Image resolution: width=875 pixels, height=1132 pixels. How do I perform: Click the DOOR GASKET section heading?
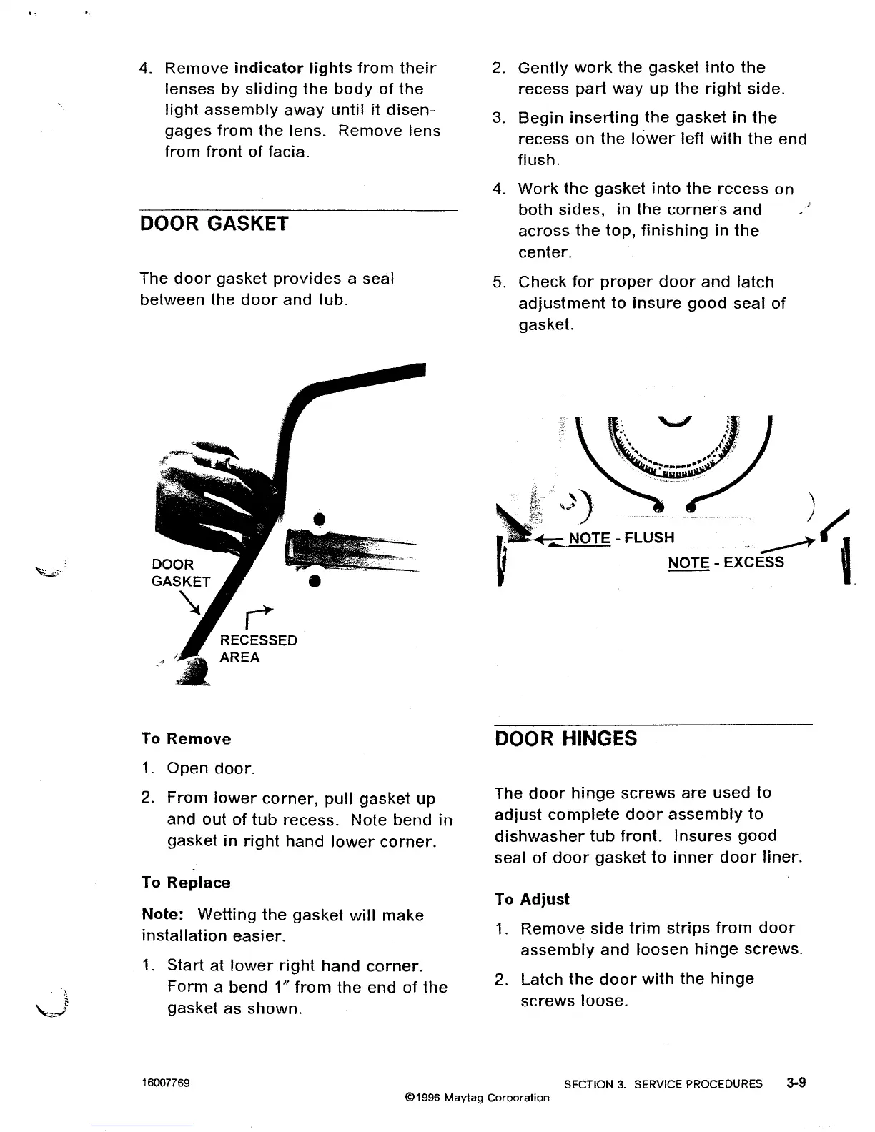tap(214, 224)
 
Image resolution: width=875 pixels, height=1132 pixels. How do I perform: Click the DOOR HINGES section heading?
tap(565, 738)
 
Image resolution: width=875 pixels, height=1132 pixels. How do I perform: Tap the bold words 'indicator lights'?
tap(293, 69)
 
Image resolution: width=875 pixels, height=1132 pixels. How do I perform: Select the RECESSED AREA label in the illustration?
tap(258, 649)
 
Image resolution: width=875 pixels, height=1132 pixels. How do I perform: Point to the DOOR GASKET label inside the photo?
tap(181, 572)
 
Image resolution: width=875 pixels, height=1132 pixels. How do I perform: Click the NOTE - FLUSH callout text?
tap(621, 537)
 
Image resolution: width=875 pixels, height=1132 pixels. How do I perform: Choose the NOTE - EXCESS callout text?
tap(726, 562)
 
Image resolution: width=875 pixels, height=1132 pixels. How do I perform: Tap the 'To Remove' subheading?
tap(186, 739)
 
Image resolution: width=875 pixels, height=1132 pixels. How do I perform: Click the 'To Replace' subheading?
tap(186, 883)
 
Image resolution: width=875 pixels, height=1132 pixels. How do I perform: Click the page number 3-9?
tap(795, 1083)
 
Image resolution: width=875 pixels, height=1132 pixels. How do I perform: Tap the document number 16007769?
tap(166, 1083)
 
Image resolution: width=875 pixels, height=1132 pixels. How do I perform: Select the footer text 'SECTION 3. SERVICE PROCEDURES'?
tap(663, 1084)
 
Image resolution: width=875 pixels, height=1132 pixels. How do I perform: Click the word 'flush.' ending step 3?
tap(539, 160)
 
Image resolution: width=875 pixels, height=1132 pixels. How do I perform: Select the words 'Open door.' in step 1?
tap(210, 769)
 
